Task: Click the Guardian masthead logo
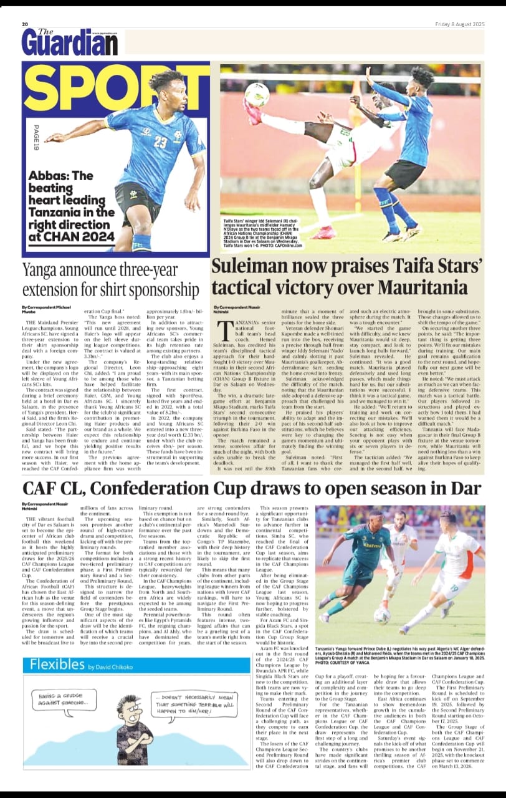69,42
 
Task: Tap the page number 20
26,24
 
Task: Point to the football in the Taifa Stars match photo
257,95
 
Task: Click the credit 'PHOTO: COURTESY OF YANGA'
346,663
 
